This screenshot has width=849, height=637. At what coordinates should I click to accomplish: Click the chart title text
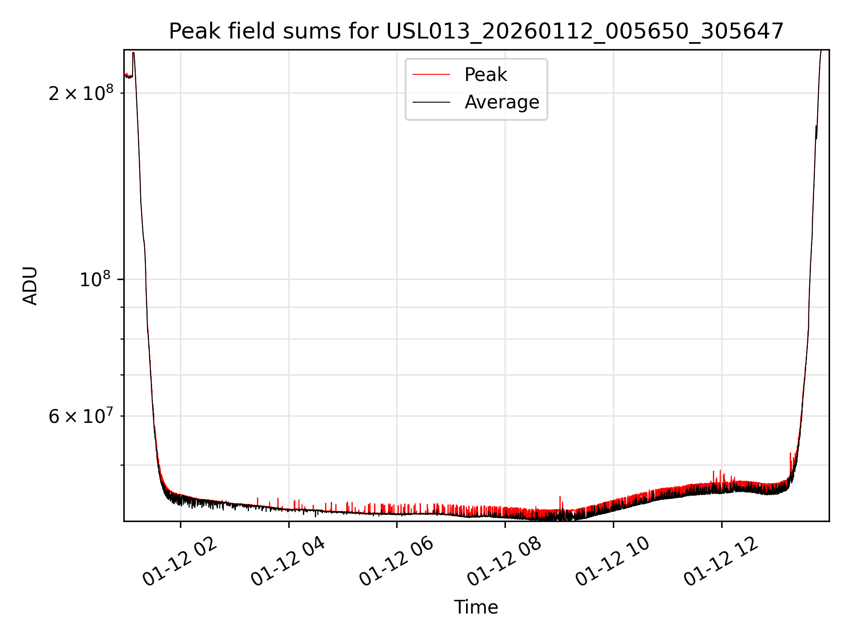(x=476, y=31)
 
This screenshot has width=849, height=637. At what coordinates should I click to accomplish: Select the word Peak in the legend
(x=486, y=75)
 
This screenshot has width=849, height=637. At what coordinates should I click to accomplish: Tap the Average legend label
(x=501, y=102)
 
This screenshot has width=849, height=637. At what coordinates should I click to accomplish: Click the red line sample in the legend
(x=431, y=75)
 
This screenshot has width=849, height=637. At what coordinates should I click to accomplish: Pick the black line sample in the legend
(x=431, y=102)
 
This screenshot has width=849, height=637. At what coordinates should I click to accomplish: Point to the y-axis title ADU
(x=30, y=285)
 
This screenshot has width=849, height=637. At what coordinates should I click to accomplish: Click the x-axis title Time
(x=476, y=607)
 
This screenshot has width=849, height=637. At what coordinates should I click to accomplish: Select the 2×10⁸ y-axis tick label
(x=81, y=93)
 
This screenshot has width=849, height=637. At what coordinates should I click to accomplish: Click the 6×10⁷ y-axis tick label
(x=81, y=417)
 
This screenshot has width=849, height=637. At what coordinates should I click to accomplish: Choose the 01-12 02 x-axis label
(x=180, y=563)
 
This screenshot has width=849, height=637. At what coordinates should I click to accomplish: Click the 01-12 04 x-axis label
(x=288, y=563)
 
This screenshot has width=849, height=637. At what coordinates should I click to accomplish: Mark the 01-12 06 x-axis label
(x=397, y=563)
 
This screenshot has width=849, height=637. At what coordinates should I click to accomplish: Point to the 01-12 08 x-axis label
(x=505, y=563)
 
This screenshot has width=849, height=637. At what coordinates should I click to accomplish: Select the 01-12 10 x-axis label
(x=613, y=563)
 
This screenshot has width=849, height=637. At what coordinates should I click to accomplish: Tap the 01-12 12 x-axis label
(x=721, y=563)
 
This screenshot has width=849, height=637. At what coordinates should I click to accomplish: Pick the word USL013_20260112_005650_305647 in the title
(x=585, y=31)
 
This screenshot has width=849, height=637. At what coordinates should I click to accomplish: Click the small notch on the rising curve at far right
(x=816, y=132)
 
